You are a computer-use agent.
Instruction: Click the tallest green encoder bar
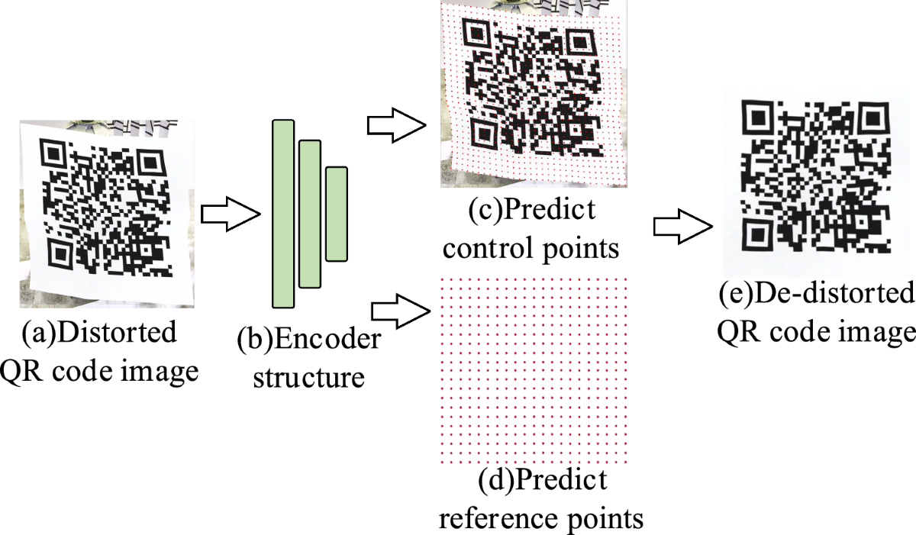[x=282, y=214]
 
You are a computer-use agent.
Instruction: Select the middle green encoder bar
[x=309, y=214]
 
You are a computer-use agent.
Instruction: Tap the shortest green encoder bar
[x=337, y=214]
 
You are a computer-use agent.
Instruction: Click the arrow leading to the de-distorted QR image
[x=682, y=227]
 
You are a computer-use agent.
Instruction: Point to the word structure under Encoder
[x=309, y=376]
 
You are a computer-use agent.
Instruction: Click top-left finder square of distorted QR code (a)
[x=55, y=155]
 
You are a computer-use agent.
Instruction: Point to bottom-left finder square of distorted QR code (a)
[x=60, y=252]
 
